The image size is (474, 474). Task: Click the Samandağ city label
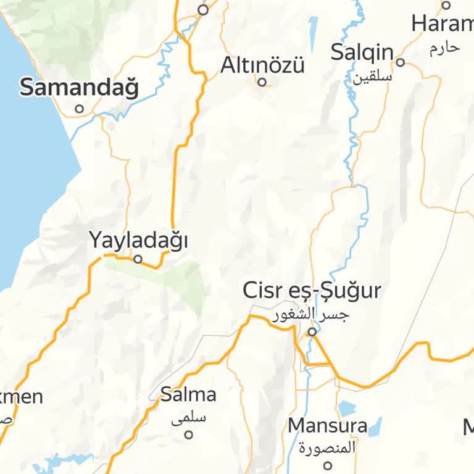click(80, 88)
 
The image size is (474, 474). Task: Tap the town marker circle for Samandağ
click(79, 109)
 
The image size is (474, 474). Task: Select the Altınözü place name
click(262, 65)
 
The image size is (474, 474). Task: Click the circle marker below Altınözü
click(262, 81)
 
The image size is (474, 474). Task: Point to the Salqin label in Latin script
click(362, 52)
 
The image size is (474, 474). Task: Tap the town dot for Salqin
click(400, 62)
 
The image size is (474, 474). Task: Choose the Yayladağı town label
click(138, 240)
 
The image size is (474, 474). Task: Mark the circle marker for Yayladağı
click(138, 259)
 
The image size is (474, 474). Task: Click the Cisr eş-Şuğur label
click(312, 290)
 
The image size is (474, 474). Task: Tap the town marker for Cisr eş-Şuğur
click(312, 331)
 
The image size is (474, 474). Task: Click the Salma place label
click(188, 394)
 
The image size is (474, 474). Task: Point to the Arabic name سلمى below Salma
click(188, 418)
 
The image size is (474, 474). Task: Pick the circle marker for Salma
click(189, 434)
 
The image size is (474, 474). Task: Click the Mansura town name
click(327, 425)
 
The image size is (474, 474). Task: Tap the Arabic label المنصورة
click(327, 447)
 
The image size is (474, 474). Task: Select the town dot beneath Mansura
click(328, 465)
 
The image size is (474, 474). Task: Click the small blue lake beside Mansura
click(347, 408)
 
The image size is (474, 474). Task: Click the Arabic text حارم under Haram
click(444, 48)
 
